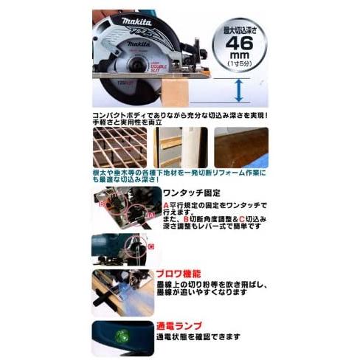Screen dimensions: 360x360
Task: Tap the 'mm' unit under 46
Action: (x=238, y=57)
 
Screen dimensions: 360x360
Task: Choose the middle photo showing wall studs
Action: (x=181, y=148)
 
